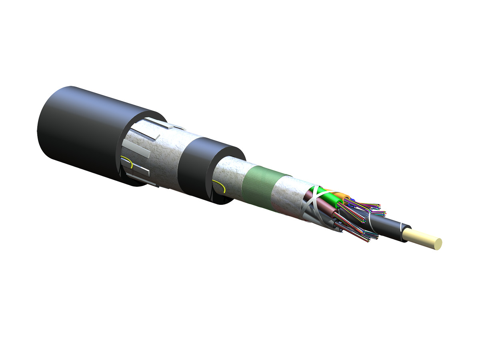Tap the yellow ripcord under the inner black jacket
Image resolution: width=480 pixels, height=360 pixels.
click(x=219, y=185)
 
